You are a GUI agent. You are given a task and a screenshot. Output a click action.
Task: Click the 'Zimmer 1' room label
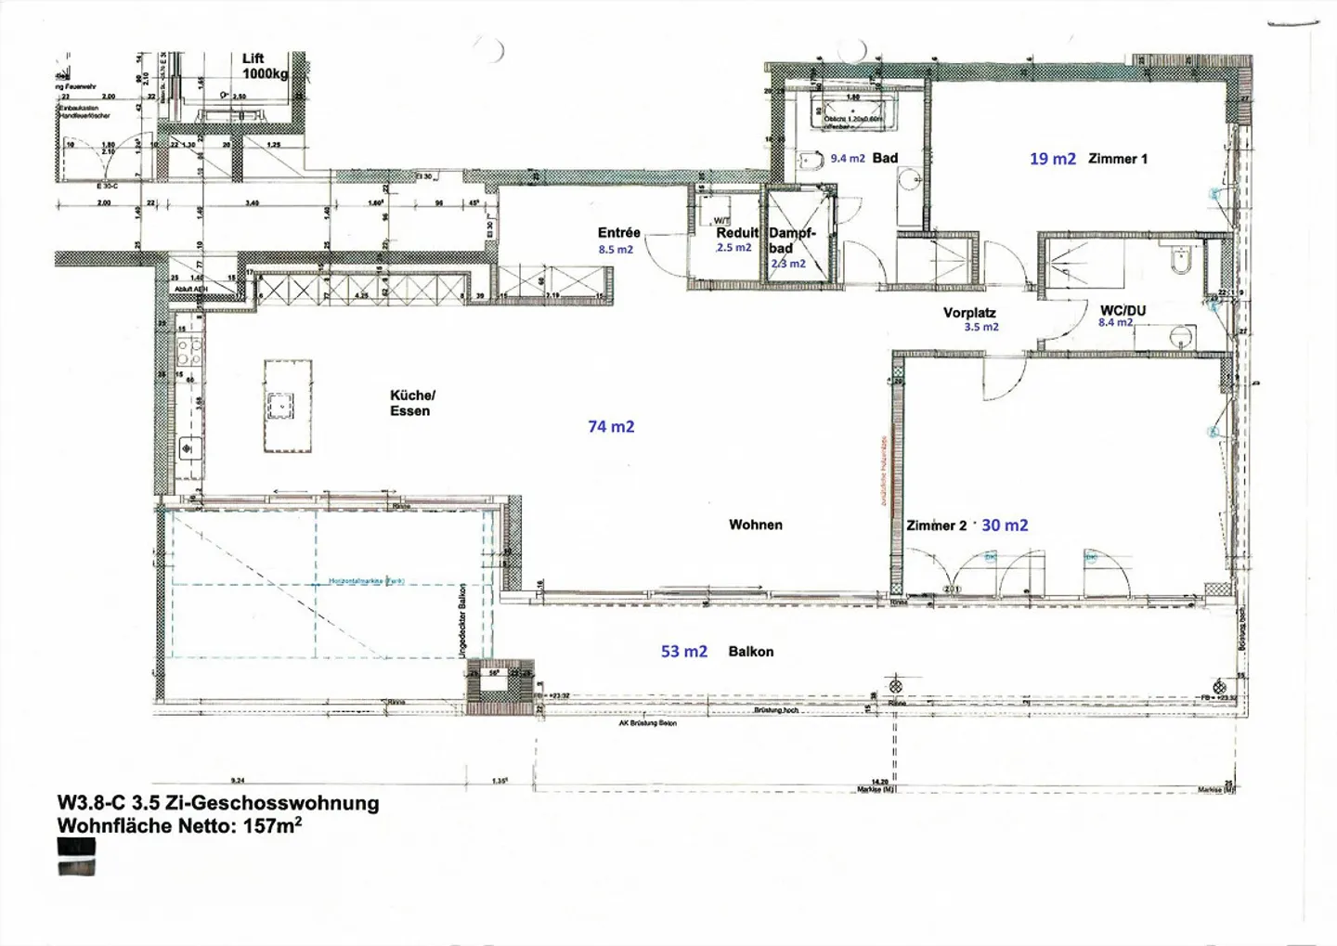[x=1117, y=159]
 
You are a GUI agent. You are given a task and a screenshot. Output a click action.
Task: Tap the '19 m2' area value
[x=1052, y=159]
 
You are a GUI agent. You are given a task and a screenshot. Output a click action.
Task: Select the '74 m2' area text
[x=611, y=426]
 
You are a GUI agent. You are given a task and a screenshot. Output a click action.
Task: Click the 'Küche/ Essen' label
[x=411, y=403]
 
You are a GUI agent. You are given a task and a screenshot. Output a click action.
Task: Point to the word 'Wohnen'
[x=755, y=525]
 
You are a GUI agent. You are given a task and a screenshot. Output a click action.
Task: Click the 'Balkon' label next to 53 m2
[x=750, y=652]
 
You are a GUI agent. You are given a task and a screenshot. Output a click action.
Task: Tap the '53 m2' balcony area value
[x=683, y=652]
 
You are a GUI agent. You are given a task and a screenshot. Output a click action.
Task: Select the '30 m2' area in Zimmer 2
[x=1005, y=525]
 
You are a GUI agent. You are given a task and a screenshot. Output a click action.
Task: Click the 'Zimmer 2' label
[x=936, y=525]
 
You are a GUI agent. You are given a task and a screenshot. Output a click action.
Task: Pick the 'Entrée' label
[x=618, y=233]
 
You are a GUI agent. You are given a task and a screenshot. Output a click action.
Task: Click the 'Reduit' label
[x=737, y=233]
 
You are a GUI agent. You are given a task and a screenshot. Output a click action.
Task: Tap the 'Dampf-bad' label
[x=791, y=240]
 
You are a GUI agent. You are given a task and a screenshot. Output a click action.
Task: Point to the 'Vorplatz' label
[x=969, y=313]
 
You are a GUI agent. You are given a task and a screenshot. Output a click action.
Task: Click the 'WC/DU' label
[x=1123, y=310]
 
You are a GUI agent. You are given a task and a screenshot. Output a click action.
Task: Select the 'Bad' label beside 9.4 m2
[x=885, y=158]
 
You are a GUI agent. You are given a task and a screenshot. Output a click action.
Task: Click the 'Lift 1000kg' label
[x=265, y=66]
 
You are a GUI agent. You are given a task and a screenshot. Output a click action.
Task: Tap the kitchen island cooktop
[x=279, y=406]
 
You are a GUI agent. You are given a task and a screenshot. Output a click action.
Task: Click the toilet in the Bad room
[x=811, y=162]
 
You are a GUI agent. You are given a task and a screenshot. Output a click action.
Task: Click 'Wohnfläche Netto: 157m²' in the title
[x=179, y=825]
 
